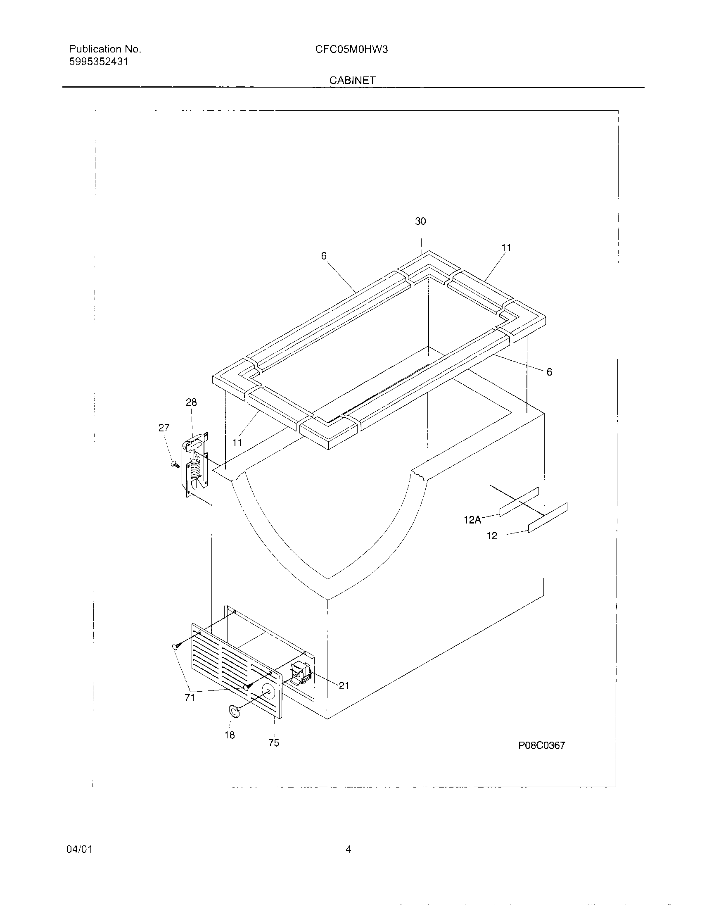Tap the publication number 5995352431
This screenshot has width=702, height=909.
coord(98,62)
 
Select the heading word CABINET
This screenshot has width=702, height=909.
coord(352,80)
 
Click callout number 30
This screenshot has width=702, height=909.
coord(420,221)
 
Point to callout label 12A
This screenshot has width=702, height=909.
coord(472,520)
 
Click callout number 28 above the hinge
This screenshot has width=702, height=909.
coord(191,402)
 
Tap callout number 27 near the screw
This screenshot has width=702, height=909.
coord(164,428)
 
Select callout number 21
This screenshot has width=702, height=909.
coord(344,685)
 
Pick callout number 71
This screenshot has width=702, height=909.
coord(190,698)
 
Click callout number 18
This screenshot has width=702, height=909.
coord(230,735)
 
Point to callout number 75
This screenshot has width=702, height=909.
coord(274,743)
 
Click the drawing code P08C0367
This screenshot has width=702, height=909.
coord(541,745)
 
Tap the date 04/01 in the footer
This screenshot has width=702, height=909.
coord(79,849)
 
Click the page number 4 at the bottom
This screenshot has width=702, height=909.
coord(349,849)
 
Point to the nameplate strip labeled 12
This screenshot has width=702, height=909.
coord(547,518)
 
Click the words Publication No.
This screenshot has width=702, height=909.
coord(105,49)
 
